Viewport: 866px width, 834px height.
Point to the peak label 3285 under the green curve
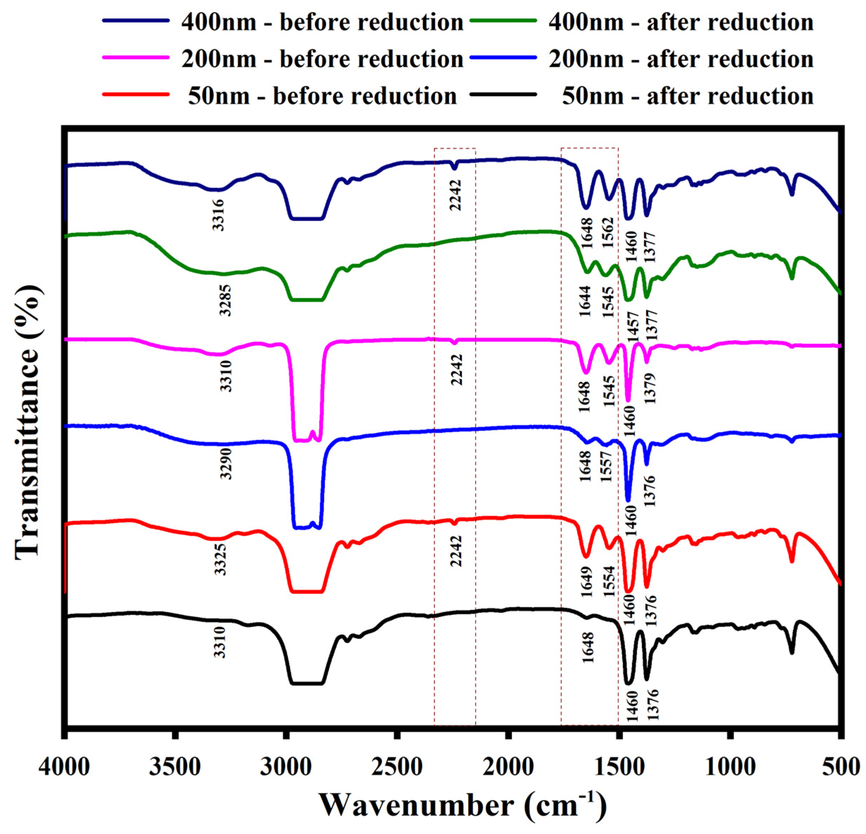click(226, 300)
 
